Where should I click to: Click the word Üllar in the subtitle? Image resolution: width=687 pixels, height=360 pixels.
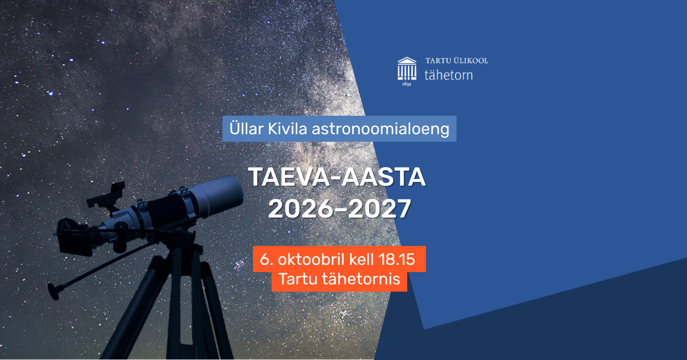coord(246,128)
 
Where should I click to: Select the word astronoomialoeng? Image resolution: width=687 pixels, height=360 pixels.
coord(381,129)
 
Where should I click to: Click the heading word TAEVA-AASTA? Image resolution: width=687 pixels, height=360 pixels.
coord(337,177)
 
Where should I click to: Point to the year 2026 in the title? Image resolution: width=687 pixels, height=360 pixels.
coord(300,208)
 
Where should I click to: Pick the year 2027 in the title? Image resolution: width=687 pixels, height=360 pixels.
coord(379,208)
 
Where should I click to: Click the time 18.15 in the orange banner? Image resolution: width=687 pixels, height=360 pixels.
coord(396,259)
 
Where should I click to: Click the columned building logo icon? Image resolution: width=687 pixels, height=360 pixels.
coord(407,68)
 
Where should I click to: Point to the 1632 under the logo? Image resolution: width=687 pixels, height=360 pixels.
coord(407,84)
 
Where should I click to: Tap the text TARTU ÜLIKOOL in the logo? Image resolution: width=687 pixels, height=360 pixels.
coord(456,60)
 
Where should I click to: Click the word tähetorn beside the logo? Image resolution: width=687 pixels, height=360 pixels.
coord(449,75)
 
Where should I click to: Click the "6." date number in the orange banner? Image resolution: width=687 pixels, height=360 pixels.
coord(266,259)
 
